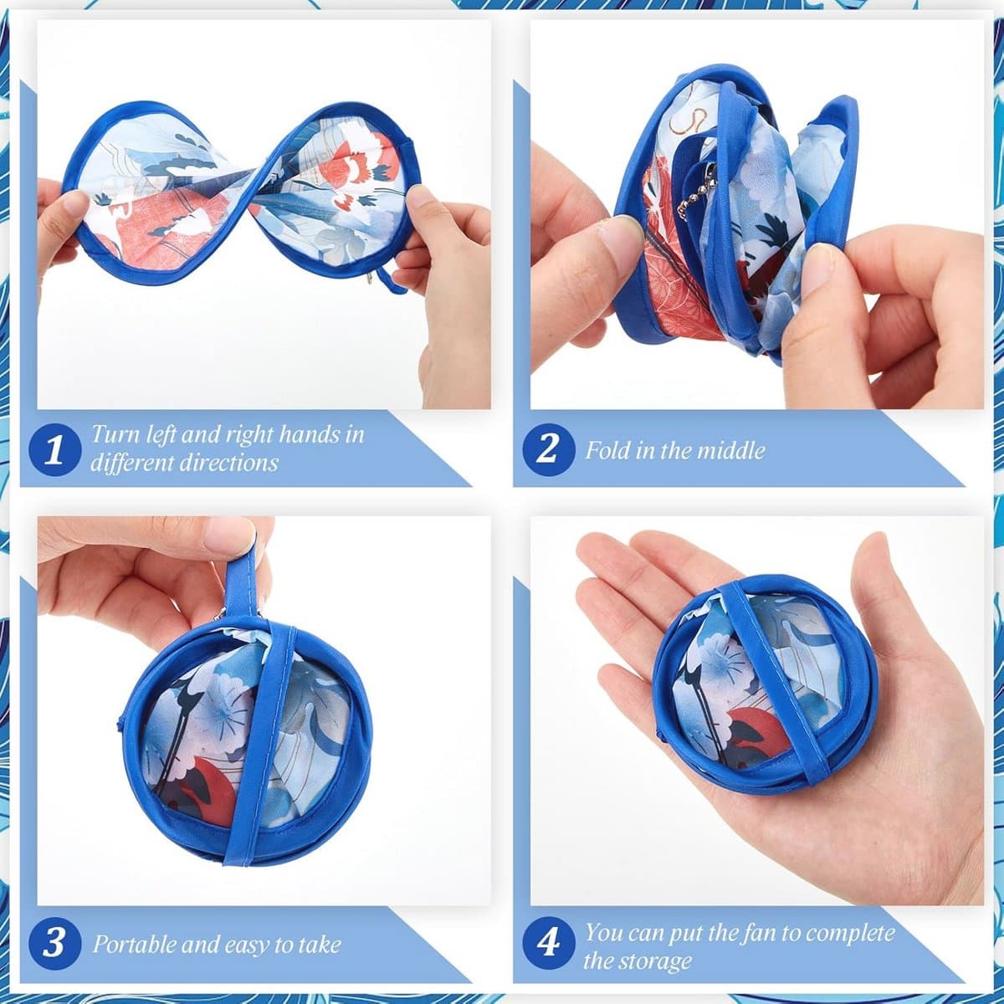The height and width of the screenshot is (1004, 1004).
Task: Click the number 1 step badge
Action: pos(54,449)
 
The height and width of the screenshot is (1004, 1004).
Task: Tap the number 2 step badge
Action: pos(549,448)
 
